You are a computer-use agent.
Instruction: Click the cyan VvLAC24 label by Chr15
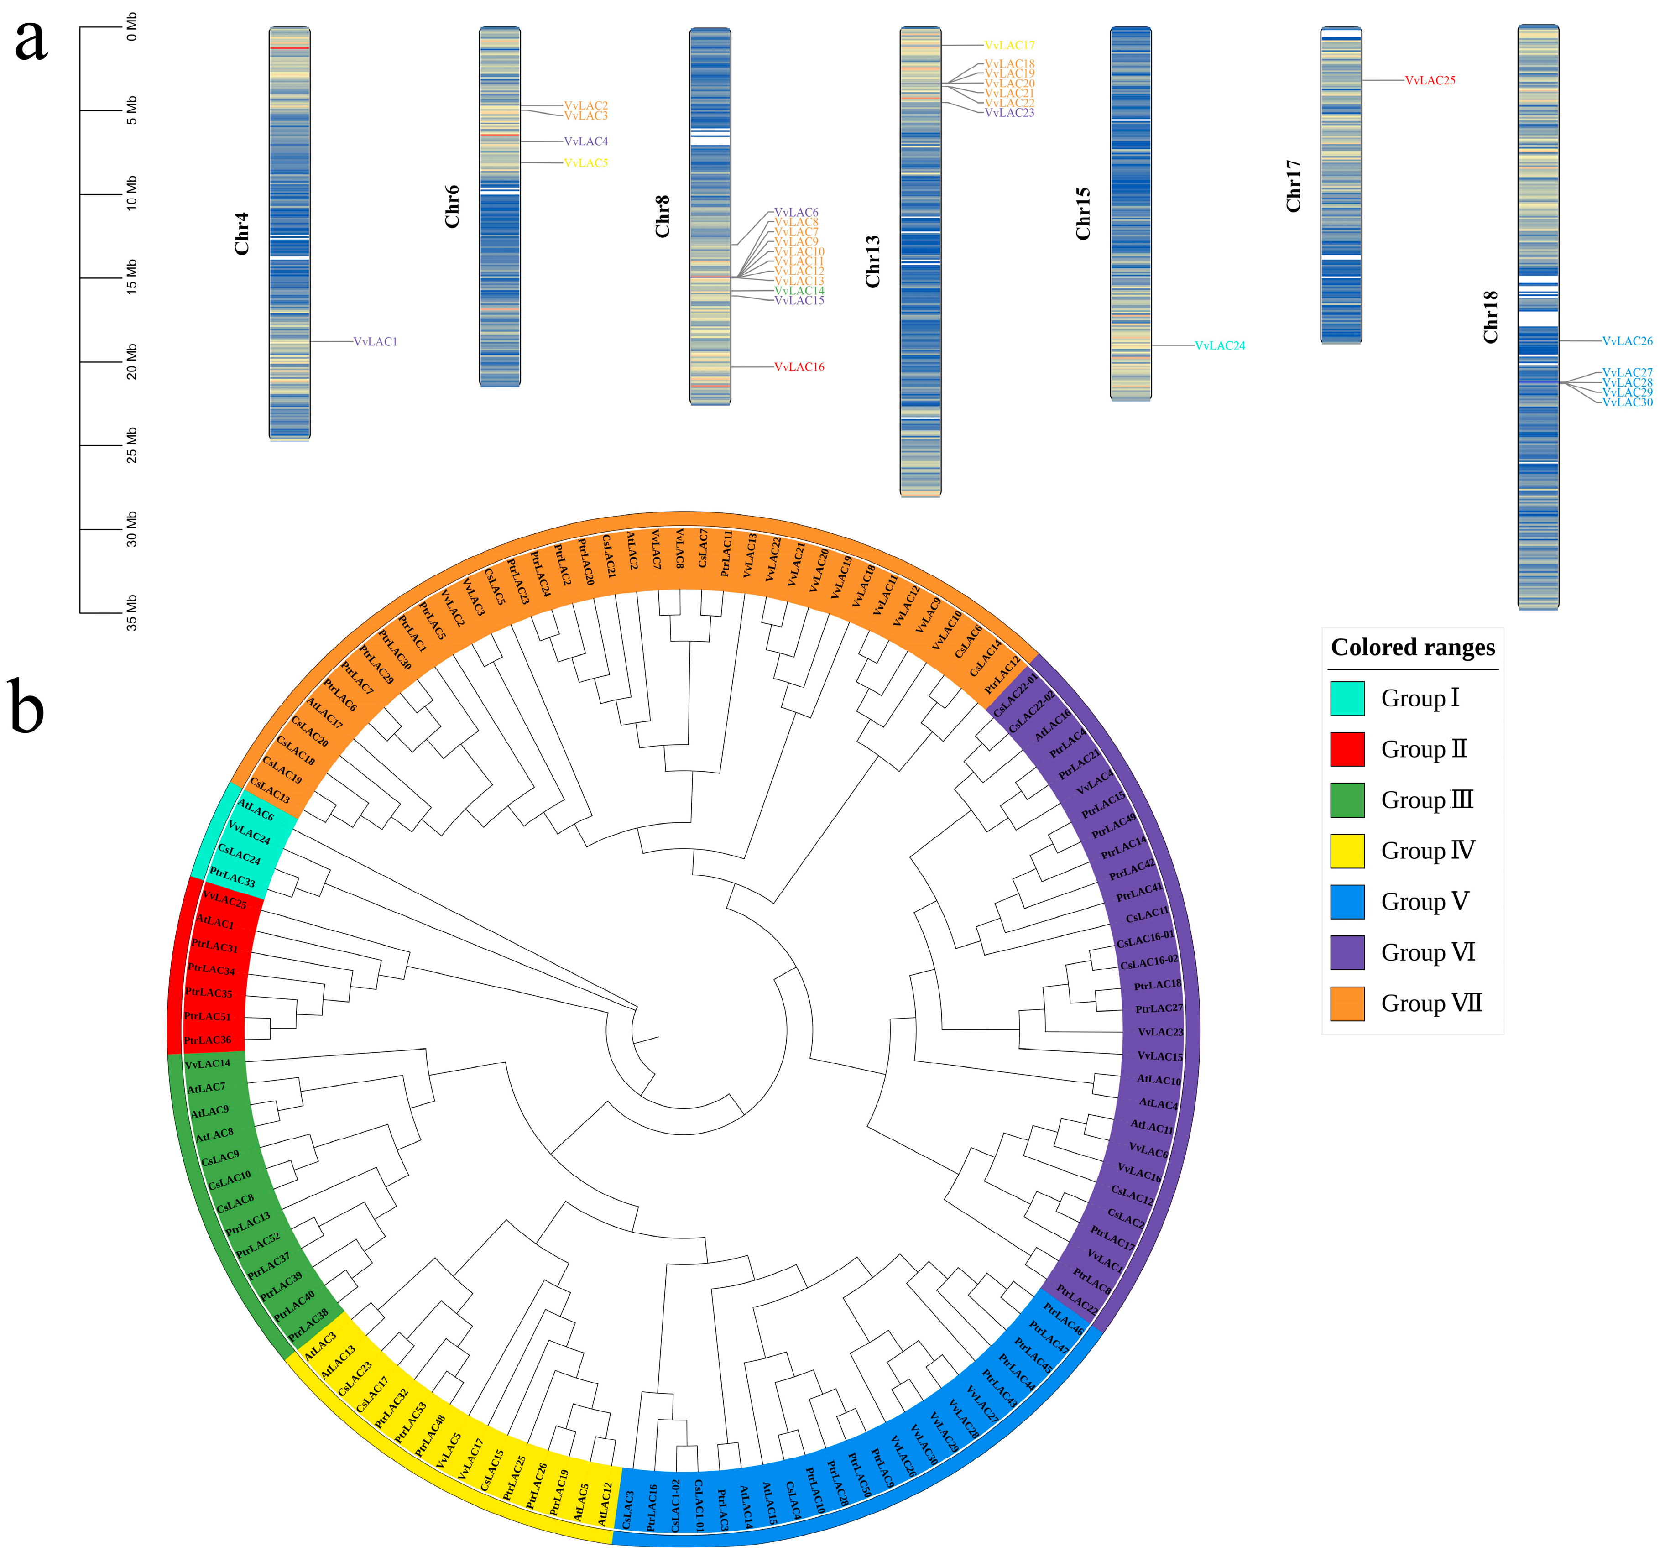pos(1220,345)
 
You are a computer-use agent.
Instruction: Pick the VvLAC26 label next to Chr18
pos(1627,341)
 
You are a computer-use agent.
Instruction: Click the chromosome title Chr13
pos(873,261)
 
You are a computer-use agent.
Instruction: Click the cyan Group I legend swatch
pos(1347,699)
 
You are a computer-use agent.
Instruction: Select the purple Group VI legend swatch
pos(1347,952)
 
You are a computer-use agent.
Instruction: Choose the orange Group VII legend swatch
pos(1347,1003)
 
